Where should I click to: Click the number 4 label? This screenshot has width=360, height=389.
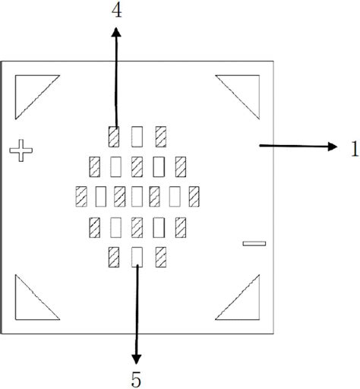pos(117,11)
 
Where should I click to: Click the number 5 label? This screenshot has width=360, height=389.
pos(136,379)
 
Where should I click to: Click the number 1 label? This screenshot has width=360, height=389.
pos(355,149)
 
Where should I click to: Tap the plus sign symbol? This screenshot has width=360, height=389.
pos(21,150)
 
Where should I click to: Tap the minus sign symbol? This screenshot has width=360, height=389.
pos(254,244)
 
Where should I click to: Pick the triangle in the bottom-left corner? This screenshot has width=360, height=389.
pos(30,305)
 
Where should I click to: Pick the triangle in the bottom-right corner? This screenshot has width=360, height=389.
pos(245,305)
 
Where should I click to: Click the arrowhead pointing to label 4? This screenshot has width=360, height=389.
pos(116,32)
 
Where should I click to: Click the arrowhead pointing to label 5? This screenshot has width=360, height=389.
pos(136,359)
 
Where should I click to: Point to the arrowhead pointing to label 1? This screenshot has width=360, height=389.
pos(333,147)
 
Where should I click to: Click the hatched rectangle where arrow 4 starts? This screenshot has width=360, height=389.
pos(114,137)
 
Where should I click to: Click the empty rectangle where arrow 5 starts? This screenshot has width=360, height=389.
pos(137,257)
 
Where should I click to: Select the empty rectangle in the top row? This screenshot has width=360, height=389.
pos(137,137)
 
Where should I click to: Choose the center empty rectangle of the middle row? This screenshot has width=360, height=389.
pos(137,196)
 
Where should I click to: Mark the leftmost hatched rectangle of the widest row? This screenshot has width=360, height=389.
pos(81,196)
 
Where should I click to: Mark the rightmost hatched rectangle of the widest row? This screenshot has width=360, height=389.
pos(194,196)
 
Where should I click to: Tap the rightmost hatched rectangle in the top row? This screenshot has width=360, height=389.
pos(161,137)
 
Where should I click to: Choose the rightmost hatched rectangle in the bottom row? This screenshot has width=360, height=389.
pos(161,257)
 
